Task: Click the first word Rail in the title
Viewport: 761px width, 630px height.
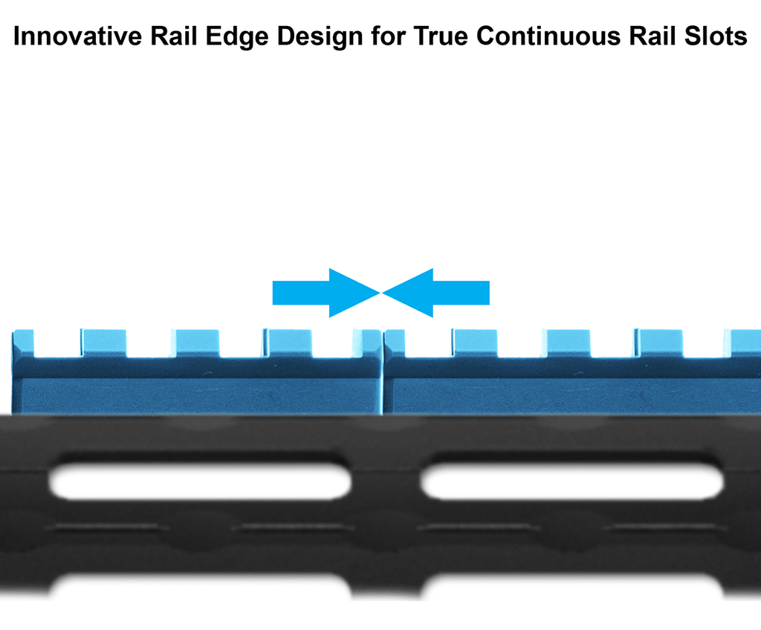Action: point(168,36)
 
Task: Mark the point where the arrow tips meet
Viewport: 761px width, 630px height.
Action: point(381,293)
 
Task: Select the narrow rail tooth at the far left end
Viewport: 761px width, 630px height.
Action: point(23,343)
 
